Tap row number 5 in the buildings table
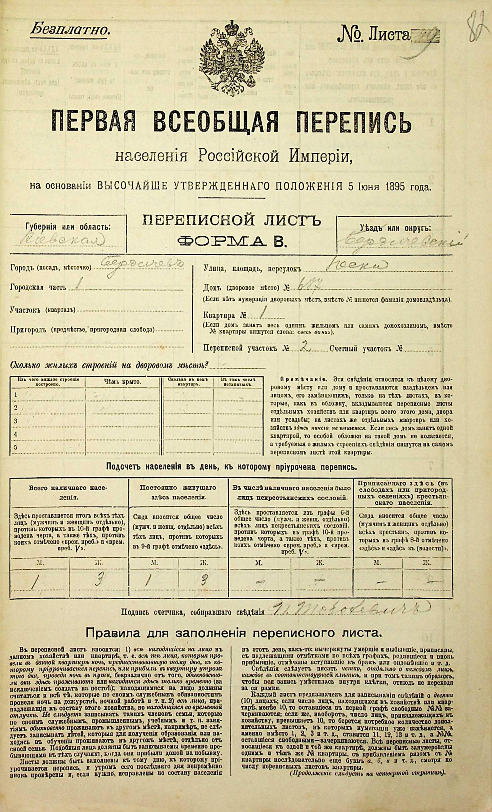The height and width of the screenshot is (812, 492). pyautogui.click(x=15, y=447)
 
